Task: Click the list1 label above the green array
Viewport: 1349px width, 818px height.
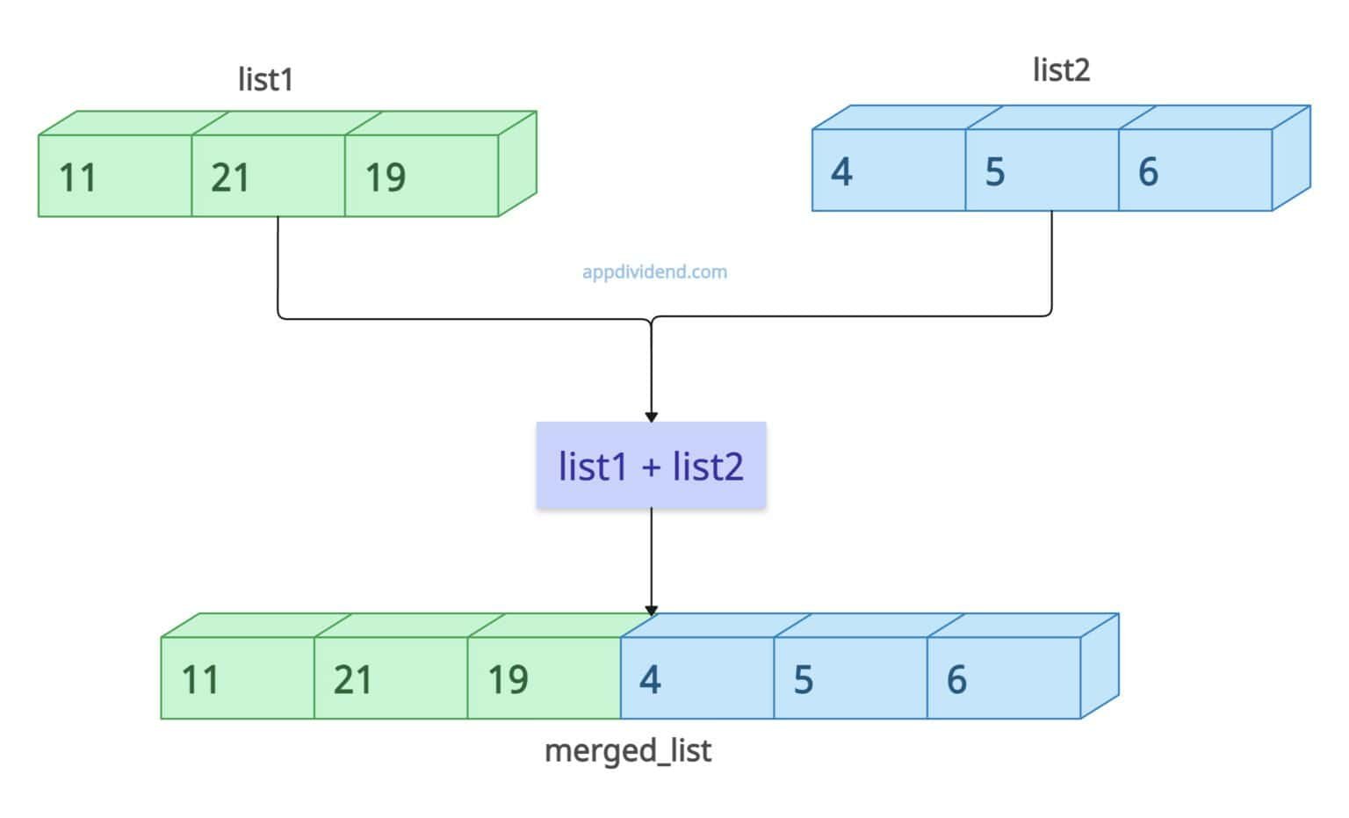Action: pos(265,79)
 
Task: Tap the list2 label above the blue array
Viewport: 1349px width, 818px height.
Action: pos(1061,69)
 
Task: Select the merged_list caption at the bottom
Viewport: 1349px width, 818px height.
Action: pos(628,751)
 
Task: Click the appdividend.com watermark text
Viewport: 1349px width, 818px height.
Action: pos(654,271)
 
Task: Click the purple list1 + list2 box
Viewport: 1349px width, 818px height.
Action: pos(651,466)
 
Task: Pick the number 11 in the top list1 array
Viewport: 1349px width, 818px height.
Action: pos(77,177)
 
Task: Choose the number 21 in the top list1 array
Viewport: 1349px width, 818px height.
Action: pos(230,177)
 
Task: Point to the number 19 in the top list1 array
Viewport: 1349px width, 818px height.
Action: pos(385,177)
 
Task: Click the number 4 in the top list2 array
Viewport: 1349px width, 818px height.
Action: pos(841,172)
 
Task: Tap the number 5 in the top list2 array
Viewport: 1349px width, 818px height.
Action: pos(994,172)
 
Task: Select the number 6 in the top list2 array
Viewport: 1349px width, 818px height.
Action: pos(1148,172)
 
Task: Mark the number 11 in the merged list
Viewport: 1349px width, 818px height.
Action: pos(200,680)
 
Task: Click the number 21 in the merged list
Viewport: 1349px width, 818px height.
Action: pos(353,680)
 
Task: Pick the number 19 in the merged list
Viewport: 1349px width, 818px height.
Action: pos(508,680)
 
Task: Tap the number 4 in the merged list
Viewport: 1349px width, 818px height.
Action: pos(650,680)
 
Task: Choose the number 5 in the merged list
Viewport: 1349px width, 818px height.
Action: pos(803,680)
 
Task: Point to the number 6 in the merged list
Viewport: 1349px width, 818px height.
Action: pos(956,680)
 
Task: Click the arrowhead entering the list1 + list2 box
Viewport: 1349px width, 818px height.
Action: pos(651,416)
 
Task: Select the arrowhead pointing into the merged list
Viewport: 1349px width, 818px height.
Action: pos(651,610)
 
